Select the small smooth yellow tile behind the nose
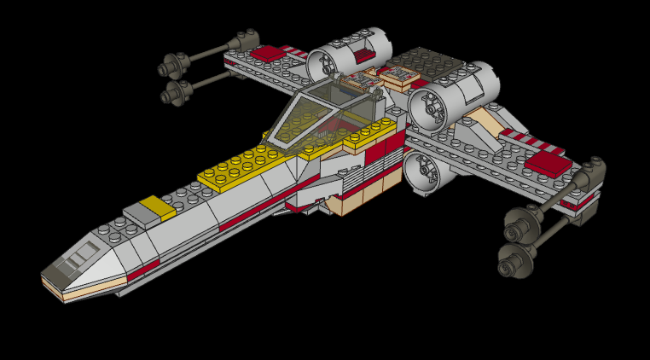(x=153, y=206)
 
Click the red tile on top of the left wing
(x=270, y=53)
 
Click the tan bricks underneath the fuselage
(x=358, y=201)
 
